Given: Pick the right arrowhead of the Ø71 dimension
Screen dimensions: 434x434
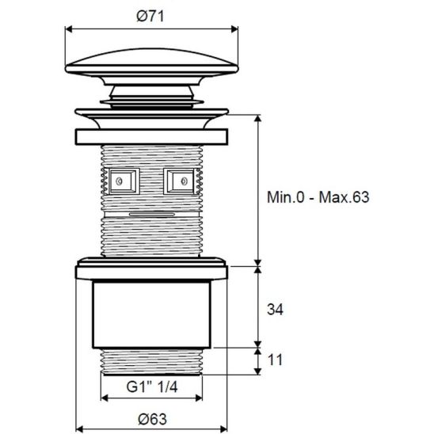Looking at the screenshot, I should tap(236, 29).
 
